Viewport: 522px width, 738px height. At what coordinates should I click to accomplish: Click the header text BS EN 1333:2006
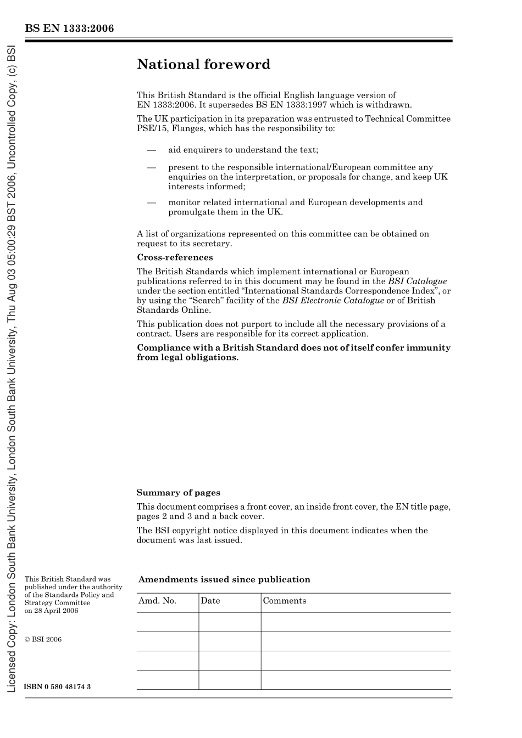pos(69,29)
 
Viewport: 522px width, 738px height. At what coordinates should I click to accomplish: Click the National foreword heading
pos(203,64)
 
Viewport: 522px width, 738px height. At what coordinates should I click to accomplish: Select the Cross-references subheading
pos(175,257)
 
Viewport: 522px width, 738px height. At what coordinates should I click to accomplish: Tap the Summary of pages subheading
pos(178,493)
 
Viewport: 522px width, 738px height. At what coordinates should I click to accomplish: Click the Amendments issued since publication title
pos(224,579)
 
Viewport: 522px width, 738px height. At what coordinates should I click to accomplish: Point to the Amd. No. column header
pos(157,601)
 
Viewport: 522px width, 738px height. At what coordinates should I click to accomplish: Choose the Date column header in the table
pos(210,601)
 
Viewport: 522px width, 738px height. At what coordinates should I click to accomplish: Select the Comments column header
pos(285,601)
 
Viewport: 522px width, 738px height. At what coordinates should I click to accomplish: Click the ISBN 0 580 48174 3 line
pos(58,687)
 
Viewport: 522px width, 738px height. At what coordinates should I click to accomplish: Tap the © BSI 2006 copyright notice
pos(43,639)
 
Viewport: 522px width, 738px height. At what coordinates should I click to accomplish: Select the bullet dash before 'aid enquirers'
pos(152,150)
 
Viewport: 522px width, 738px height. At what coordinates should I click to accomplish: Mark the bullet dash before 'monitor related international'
pos(152,202)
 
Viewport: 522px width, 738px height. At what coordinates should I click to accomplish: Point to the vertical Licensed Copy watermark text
pos(11,368)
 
